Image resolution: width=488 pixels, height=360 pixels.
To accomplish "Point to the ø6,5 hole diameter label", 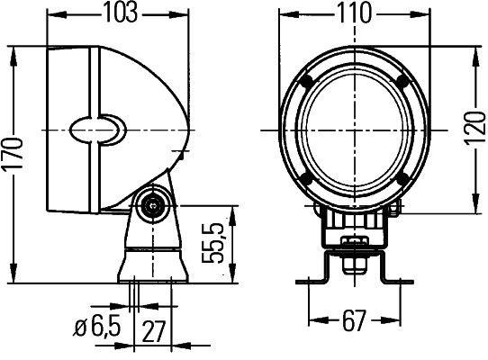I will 96,329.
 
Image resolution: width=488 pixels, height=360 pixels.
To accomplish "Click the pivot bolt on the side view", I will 155,204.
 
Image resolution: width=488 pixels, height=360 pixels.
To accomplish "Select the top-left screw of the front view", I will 308,82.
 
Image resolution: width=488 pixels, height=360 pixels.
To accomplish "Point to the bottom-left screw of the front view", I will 308,178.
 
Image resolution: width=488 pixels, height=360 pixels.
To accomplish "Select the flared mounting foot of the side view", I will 150,265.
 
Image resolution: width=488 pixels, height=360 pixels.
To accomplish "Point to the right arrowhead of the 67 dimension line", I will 397,319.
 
